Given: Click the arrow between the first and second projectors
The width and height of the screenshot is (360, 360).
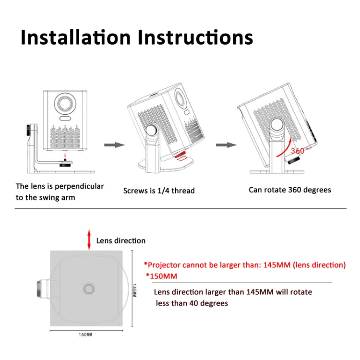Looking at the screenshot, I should tap(112, 144).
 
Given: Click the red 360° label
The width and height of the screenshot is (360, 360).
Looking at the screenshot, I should tap(298, 150).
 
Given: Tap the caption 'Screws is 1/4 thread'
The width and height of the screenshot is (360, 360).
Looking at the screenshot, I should tap(159, 191).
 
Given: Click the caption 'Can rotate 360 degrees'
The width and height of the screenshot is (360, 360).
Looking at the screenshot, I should tap(289, 190).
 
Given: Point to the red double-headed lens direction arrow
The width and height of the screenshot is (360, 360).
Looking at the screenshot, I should tap(90, 240).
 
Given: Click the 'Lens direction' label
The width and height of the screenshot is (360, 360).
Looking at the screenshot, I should tap(121, 240).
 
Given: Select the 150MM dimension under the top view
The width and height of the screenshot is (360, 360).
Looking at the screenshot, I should tap(85, 334).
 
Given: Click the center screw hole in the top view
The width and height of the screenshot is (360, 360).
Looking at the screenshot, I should tap(89, 288).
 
